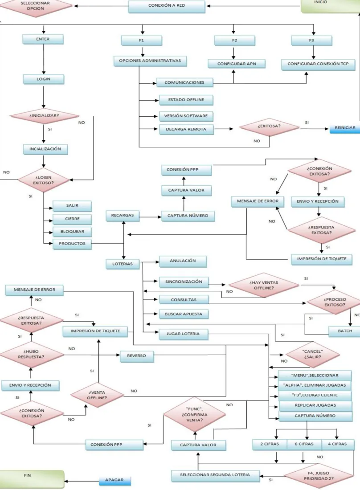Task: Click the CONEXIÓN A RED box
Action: click(x=167, y=6)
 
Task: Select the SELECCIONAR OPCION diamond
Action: click(x=35, y=6)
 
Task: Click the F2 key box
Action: click(x=234, y=41)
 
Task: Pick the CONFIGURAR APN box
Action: click(x=237, y=64)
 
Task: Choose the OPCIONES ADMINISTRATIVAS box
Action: click(x=150, y=61)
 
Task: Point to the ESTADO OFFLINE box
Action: click(x=186, y=100)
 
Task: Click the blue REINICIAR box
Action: click(x=345, y=128)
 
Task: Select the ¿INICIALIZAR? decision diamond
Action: click(x=44, y=116)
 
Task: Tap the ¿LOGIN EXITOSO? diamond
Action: click(x=43, y=180)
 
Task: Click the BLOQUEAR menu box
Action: click(x=72, y=232)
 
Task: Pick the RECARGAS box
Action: click(x=123, y=216)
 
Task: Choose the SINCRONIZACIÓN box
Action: click(x=184, y=282)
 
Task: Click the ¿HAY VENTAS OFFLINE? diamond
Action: click(x=264, y=285)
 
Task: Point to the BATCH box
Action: click(x=344, y=331)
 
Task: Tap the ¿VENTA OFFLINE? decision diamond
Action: click(x=97, y=395)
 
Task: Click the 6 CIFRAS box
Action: click(x=304, y=445)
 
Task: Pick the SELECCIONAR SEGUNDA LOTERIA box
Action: click(x=215, y=475)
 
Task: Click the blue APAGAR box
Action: click(x=115, y=481)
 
